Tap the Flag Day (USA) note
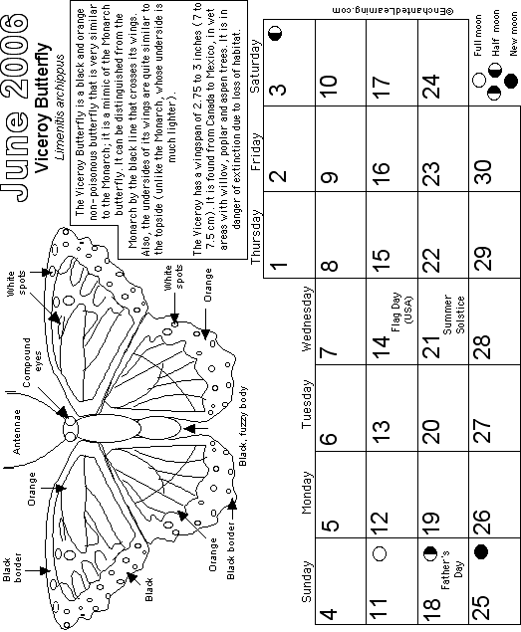pos(401,312)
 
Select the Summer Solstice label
pos(453,315)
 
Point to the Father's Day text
pos(451,569)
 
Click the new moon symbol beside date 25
pos(480,551)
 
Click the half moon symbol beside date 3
pos(276,34)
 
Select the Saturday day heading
pos(256,66)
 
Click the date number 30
pos(483,172)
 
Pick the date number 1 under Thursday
pos(279,265)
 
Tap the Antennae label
pos(17,432)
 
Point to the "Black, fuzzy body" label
pos(242,426)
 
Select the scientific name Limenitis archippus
pos(60,106)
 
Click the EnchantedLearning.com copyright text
pos(393,10)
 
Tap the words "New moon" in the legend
pos(513,33)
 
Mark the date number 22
pos(432,261)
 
